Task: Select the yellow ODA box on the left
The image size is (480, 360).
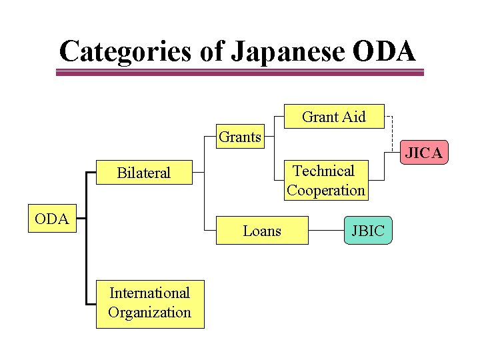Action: [52, 219]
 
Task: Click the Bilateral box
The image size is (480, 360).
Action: [144, 173]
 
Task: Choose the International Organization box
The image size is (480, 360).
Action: [150, 303]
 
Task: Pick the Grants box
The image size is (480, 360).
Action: [240, 137]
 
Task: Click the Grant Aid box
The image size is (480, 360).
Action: [333, 117]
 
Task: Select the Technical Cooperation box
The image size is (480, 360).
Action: [326, 181]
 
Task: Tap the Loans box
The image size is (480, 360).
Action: [262, 231]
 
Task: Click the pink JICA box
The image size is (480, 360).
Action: [424, 153]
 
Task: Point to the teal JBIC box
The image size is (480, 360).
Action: [368, 231]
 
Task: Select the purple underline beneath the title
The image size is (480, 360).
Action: [239, 73]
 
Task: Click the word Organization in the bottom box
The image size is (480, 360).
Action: [149, 313]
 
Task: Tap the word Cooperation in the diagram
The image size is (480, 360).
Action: [326, 190]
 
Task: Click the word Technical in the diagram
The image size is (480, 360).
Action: [324, 171]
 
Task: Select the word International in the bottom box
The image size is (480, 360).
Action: [149, 293]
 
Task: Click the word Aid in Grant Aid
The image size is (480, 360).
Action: [353, 117]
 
